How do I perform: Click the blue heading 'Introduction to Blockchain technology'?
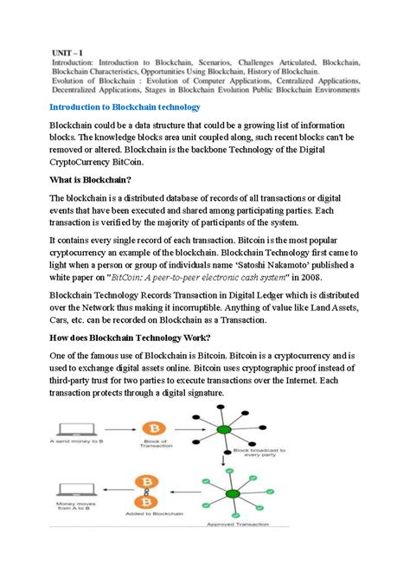pyautogui.click(x=125, y=106)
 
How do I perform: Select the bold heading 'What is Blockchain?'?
pyautogui.click(x=90, y=179)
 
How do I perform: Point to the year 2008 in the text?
pyautogui.click(x=317, y=277)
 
